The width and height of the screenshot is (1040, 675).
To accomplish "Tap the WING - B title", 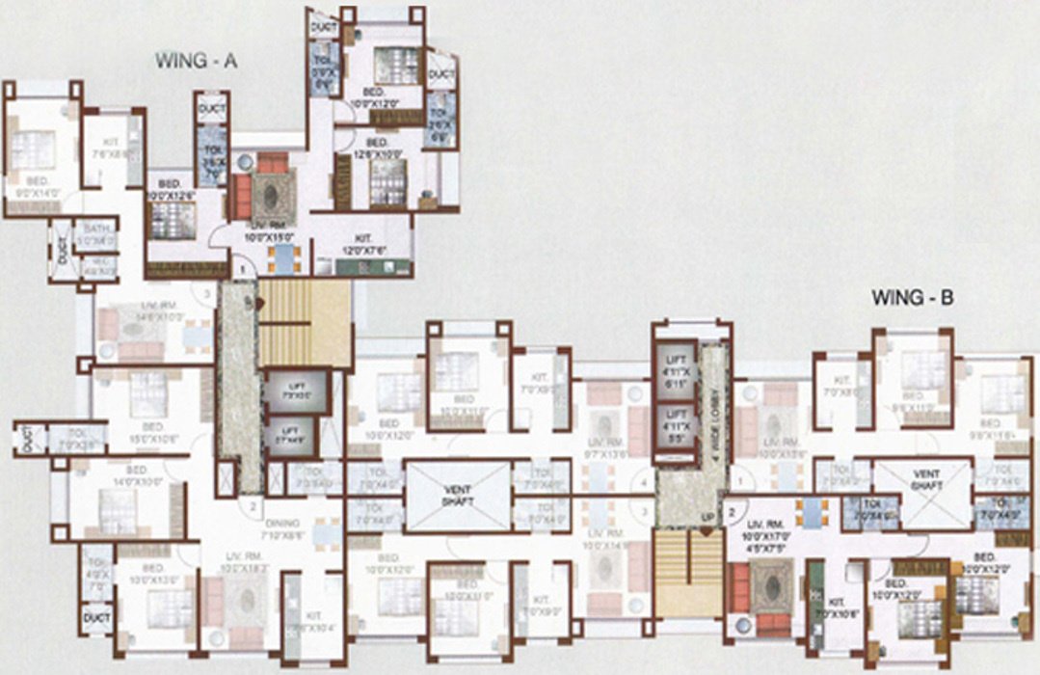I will tap(912, 298).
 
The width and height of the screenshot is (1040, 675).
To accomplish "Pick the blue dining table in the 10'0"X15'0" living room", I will tap(284, 256).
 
